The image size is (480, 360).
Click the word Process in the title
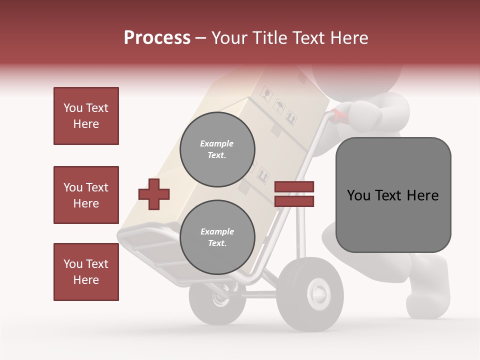(157, 37)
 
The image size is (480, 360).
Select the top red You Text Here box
(86, 116)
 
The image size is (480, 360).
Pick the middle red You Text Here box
(86, 195)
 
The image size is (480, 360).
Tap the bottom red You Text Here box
(86, 272)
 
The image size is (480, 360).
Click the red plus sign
(153, 194)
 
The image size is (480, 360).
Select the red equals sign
(294, 194)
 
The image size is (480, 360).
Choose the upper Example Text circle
(217, 149)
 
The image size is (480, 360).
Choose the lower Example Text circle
(217, 237)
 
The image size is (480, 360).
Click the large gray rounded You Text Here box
(393, 194)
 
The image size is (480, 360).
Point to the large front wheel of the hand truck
(310, 294)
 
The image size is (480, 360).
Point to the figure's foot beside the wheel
(427, 290)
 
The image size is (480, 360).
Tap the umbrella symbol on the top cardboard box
(278, 106)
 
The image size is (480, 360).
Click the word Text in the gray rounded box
(391, 195)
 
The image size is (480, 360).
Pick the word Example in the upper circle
(216, 143)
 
